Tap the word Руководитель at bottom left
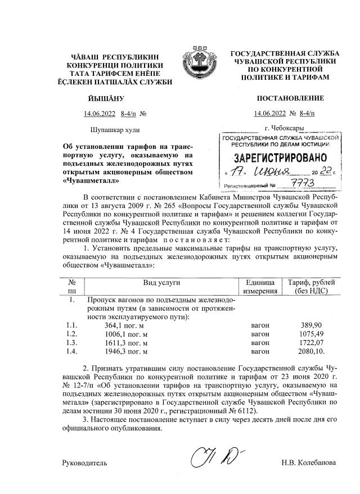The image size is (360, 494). click(84, 464)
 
